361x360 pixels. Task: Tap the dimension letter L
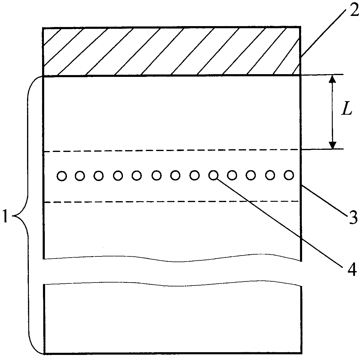[x=347, y=110]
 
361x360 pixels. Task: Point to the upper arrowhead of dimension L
[x=332, y=79]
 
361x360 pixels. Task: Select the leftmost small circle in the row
[x=61, y=176]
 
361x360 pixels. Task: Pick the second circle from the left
[x=80, y=176]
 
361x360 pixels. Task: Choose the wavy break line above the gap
[x=171, y=259]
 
